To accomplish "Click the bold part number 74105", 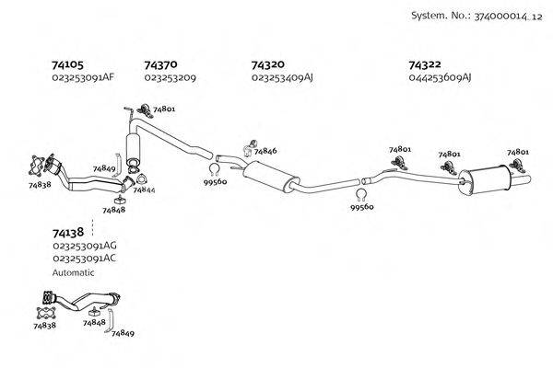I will click(68, 64).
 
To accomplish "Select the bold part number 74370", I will click(160, 64).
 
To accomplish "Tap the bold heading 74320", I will click(268, 64).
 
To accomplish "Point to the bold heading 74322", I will click(426, 64).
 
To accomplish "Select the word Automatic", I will click(74, 272).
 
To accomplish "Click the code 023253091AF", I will click(83, 77).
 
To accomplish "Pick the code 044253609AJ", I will click(441, 77).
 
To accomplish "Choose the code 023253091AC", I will click(85, 259).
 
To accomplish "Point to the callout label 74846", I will click(265, 150).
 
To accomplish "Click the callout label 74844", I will click(144, 190).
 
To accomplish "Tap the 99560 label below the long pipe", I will click(362, 208).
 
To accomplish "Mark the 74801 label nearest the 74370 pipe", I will click(164, 109).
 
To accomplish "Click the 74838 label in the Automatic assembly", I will click(44, 325).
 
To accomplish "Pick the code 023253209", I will click(171, 77).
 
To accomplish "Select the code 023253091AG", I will click(85, 247).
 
